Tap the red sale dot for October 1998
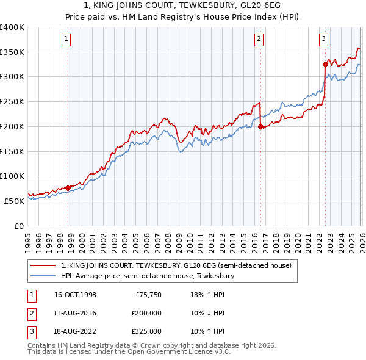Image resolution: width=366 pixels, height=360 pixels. point(68,188)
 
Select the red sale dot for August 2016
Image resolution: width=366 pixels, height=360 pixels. point(260,127)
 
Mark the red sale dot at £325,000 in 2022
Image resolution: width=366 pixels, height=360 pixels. point(325,63)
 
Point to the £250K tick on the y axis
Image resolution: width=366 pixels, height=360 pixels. point(12,102)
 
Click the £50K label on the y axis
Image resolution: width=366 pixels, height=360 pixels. point(14,201)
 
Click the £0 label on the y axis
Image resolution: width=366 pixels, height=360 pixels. point(18,226)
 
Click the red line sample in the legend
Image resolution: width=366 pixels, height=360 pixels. point(43,266)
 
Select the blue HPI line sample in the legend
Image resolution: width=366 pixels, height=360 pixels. point(43,276)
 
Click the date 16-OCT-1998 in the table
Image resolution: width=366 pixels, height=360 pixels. point(75,295)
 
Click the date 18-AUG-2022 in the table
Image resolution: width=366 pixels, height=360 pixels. point(75,331)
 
